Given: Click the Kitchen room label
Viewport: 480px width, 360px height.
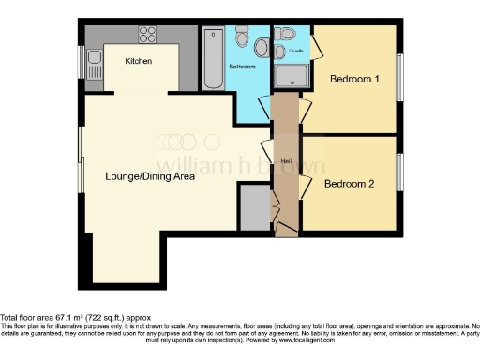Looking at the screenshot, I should (x=139, y=62).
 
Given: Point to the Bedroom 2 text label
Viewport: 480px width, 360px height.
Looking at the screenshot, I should (x=350, y=184).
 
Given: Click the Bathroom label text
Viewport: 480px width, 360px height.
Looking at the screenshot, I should (x=242, y=67).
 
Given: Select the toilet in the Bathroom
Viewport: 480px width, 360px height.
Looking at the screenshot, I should (x=243, y=38).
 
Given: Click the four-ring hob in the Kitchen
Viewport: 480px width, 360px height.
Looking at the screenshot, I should (x=147, y=37).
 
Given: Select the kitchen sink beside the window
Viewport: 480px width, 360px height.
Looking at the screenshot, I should (x=95, y=64).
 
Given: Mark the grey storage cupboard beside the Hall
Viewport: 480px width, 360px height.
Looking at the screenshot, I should (x=253, y=204).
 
